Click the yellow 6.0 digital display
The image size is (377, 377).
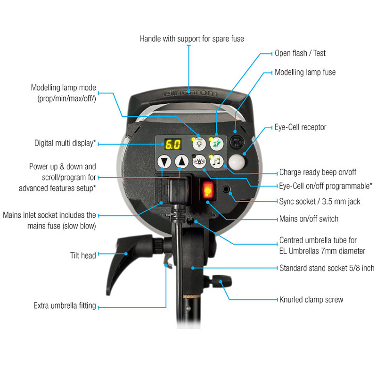pyautogui.click(x=173, y=144)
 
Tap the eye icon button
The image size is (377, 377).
pyautogui.click(x=199, y=162)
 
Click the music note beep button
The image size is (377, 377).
pyautogui.click(x=217, y=161)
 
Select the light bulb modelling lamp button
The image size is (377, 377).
pyautogui.click(x=199, y=144)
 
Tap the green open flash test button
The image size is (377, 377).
pyautogui.click(x=217, y=144)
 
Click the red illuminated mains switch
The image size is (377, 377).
pyautogui.click(x=208, y=190)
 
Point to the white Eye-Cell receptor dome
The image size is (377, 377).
pyautogui.click(x=237, y=162)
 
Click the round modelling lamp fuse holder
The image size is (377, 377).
pyautogui.click(x=237, y=142)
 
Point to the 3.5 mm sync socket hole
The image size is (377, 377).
pyautogui.click(x=226, y=189)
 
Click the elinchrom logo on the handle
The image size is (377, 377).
pyautogui.click(x=190, y=93)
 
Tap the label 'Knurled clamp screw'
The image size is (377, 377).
pyautogui.click(x=311, y=300)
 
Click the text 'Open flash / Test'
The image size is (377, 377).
pyautogui.click(x=300, y=53)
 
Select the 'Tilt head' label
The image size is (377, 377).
pyautogui.click(x=83, y=255)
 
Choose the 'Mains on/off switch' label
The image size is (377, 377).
pyautogui.click(x=309, y=219)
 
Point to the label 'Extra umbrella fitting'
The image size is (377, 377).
pyautogui.click(x=65, y=305)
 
